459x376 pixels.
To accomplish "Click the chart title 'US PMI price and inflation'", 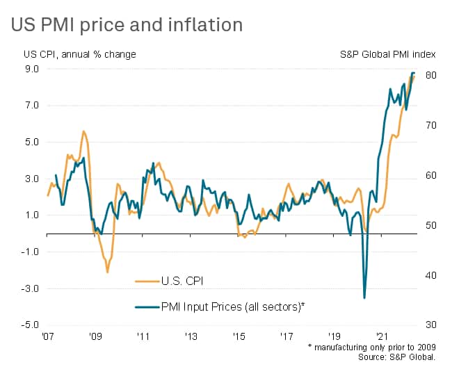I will coord(127,25).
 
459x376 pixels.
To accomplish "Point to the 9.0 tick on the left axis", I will coord(31,69).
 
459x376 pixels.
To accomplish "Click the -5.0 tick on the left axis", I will coord(29,325).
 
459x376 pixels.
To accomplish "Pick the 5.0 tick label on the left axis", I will coord(31,142).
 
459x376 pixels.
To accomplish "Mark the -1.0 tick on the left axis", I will coord(29,252).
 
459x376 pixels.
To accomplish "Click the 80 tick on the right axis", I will coord(430,75).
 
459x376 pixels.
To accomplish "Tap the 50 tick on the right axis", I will coord(430,225).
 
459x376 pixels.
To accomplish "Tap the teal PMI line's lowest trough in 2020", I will coord(364,298).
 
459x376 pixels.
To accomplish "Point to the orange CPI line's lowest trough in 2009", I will coord(107,272).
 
